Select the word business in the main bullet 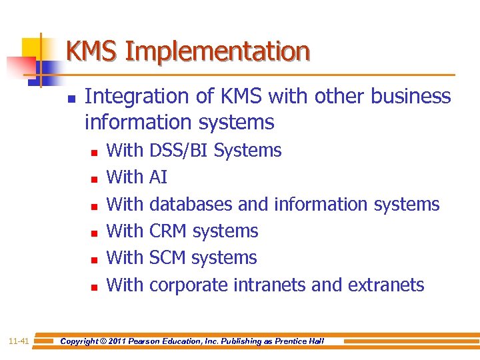pyautogui.click(x=410, y=97)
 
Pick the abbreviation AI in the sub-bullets pyautogui.click(x=159, y=177)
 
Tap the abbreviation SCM pyautogui.click(x=167, y=258)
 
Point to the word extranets pyautogui.click(x=386, y=285)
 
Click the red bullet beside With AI pyautogui.click(x=94, y=179)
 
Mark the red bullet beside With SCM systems pyautogui.click(x=94, y=260)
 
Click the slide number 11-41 pyautogui.click(x=19, y=341)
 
